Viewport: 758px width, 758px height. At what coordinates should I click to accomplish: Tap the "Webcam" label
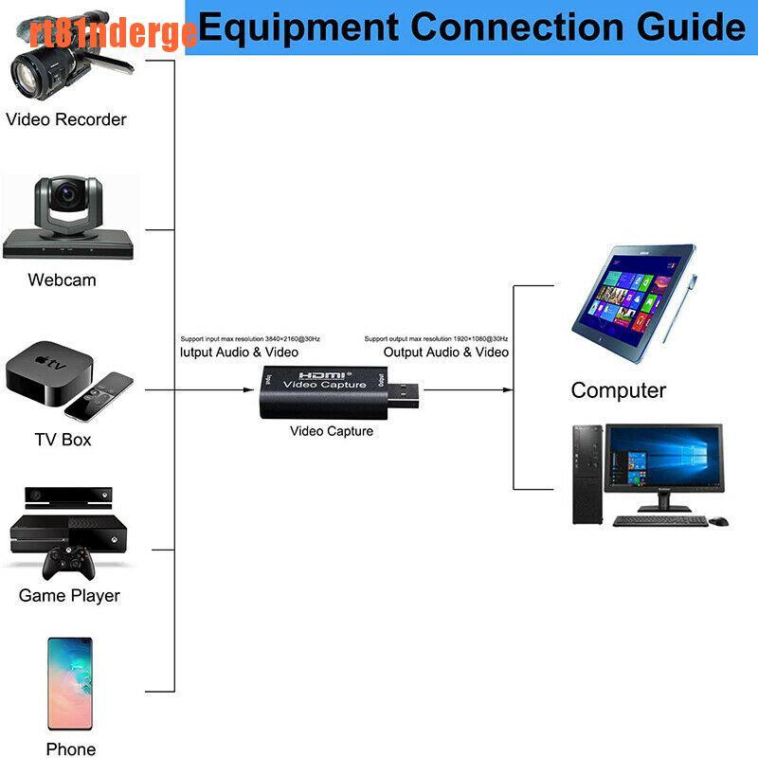(62, 280)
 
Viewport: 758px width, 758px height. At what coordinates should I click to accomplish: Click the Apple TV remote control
(99, 398)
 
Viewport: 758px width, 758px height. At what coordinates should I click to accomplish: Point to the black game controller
(66, 566)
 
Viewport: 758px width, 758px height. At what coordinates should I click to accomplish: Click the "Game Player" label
(69, 596)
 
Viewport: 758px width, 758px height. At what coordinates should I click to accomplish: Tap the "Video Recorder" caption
(66, 119)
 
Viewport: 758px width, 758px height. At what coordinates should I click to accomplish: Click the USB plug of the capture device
(406, 390)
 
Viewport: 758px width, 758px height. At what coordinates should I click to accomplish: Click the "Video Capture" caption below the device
(332, 431)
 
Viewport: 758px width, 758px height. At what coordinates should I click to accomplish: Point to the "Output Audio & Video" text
(445, 352)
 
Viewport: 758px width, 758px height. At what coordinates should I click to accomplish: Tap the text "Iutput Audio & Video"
(239, 352)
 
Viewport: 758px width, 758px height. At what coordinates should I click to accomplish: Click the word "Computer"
(618, 390)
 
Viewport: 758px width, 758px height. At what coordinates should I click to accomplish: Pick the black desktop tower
(586, 474)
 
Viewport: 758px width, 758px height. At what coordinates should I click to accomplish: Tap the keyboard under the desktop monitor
(660, 520)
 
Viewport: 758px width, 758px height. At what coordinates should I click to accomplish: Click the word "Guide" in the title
(693, 27)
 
